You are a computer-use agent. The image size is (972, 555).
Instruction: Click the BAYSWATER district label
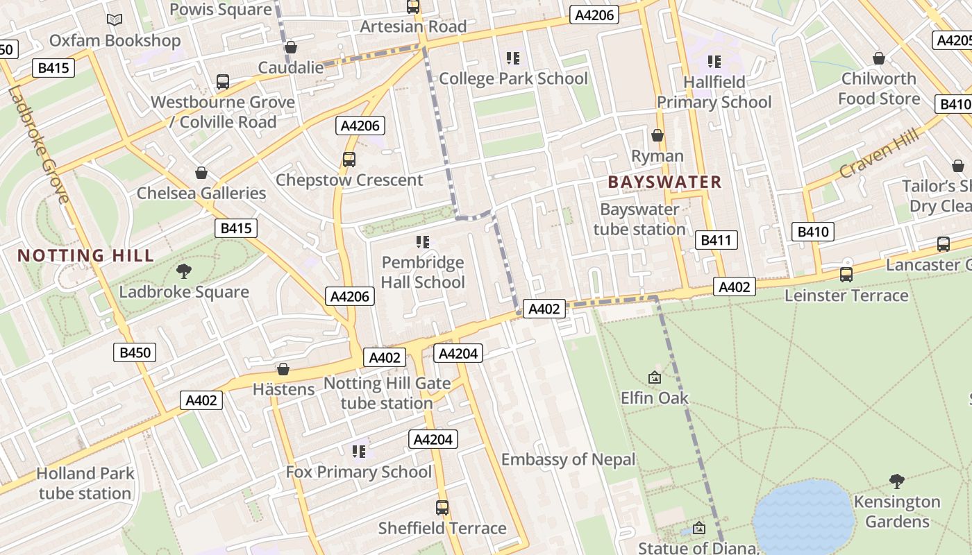[664, 182]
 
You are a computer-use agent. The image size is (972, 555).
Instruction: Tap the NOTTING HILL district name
[85, 255]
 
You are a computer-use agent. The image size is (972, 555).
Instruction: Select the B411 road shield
[716, 241]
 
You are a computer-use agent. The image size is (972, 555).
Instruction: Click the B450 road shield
[135, 352]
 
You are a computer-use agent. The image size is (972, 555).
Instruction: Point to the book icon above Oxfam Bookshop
[115, 20]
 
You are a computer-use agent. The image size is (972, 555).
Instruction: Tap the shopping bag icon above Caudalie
[291, 47]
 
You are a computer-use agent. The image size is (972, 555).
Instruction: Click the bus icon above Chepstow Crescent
[349, 160]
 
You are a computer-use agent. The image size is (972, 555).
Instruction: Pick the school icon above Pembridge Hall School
[423, 242]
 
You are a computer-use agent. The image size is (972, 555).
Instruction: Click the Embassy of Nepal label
[568, 459]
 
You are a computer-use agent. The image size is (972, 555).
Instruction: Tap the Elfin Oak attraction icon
[654, 377]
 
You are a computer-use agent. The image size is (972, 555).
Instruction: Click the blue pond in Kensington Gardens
[803, 517]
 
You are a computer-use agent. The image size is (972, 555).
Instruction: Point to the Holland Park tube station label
[85, 484]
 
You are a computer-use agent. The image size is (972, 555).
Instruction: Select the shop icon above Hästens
[283, 369]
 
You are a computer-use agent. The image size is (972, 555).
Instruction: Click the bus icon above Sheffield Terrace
[442, 508]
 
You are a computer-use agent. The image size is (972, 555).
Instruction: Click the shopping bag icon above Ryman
[657, 135]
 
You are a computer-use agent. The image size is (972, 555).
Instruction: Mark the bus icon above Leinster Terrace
[846, 275]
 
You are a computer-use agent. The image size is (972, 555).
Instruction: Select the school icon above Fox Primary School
[359, 452]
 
